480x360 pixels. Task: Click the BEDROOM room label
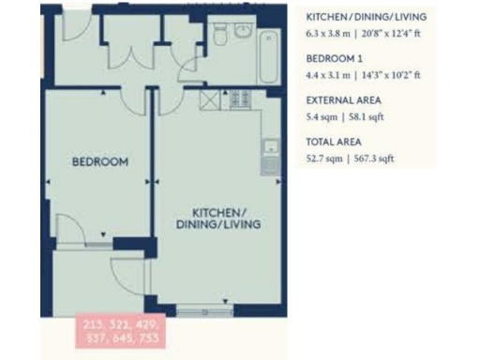point(100,162)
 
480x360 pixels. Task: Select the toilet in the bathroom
point(217,37)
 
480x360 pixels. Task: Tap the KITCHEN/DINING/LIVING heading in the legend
point(367,16)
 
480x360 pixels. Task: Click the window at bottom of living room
point(201,308)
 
